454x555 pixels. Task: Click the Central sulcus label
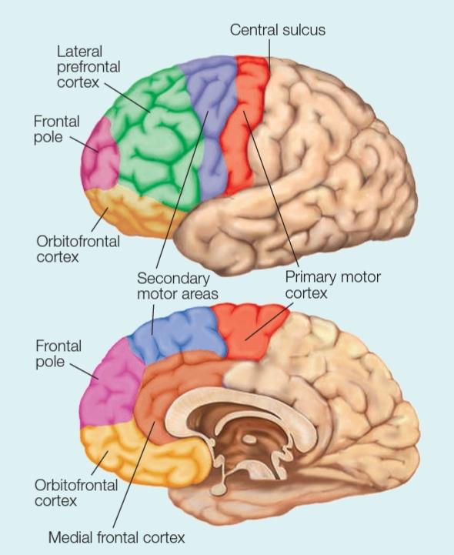click(x=278, y=29)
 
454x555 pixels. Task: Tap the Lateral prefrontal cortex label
click(x=88, y=67)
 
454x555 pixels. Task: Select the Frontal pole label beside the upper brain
click(x=57, y=129)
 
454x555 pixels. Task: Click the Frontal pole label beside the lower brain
click(x=58, y=353)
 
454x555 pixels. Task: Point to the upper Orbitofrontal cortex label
click(x=78, y=249)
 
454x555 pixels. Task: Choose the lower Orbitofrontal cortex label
click(x=76, y=493)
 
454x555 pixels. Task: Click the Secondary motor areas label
click(x=177, y=286)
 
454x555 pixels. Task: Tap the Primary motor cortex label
click(x=332, y=285)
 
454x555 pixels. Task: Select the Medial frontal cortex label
click(x=116, y=537)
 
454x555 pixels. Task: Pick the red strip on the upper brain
click(x=244, y=124)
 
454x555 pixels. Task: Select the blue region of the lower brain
click(x=177, y=335)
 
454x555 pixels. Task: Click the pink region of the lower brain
click(x=110, y=386)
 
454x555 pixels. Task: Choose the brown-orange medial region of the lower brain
click(x=166, y=386)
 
